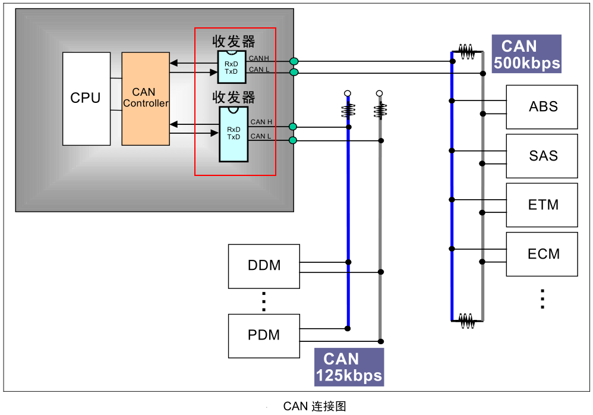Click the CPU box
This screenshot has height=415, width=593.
pyautogui.click(x=86, y=99)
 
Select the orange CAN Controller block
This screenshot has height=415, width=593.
pyautogui.click(x=145, y=99)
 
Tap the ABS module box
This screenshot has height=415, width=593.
pyautogui.click(x=541, y=107)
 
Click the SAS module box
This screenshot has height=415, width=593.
pyautogui.click(x=541, y=156)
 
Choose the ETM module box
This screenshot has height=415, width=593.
pyautogui.click(x=541, y=205)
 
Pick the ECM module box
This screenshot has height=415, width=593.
pyautogui.click(x=541, y=254)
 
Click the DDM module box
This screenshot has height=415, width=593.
pyautogui.click(x=264, y=266)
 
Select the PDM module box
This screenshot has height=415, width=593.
pyautogui.click(x=264, y=335)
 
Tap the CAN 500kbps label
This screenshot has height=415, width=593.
pyautogui.click(x=526, y=54)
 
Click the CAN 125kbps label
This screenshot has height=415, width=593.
pyautogui.click(x=349, y=367)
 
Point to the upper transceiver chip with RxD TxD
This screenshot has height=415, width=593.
pyautogui.click(x=232, y=67)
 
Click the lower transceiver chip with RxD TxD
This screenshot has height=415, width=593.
pyautogui.click(x=234, y=134)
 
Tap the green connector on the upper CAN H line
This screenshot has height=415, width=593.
pyautogui.click(x=294, y=61)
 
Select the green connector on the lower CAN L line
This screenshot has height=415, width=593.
pyautogui.click(x=292, y=140)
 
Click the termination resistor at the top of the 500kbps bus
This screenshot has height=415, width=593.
pyautogui.click(x=467, y=52)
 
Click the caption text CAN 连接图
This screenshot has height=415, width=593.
pyautogui.click(x=314, y=407)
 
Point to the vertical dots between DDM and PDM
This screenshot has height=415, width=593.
pyautogui.click(x=264, y=301)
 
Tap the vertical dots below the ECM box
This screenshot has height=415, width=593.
pyautogui.click(x=542, y=298)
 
